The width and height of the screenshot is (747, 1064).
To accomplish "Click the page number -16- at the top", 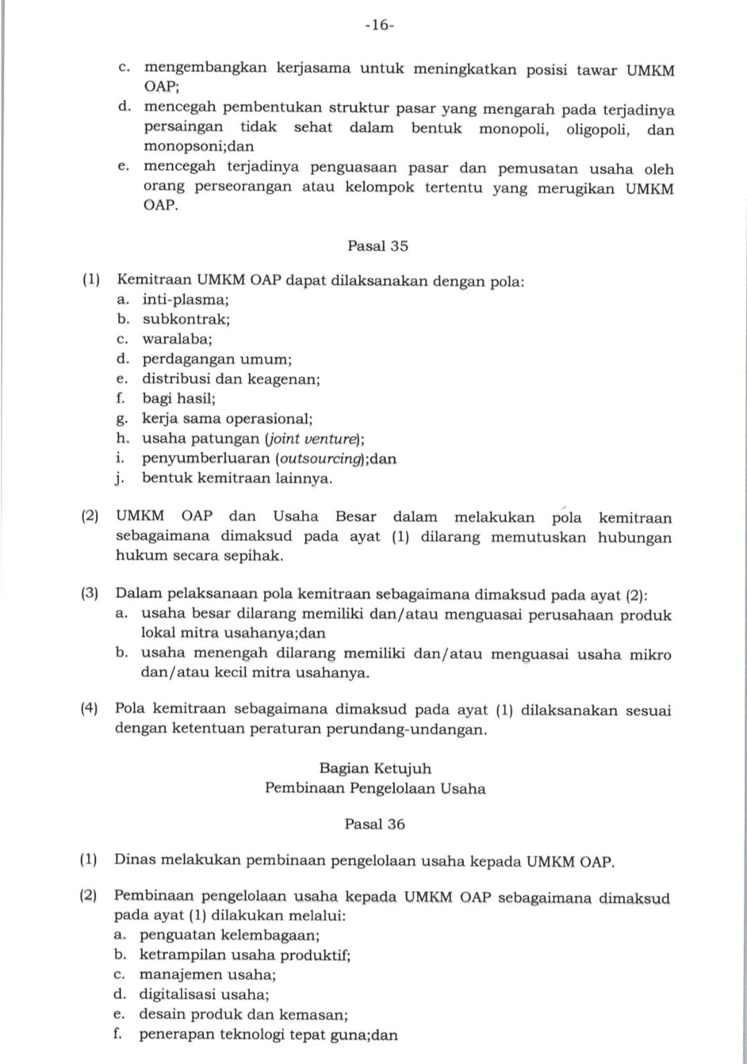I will click(x=379, y=26).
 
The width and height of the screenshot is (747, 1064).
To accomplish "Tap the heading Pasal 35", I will click(x=378, y=245).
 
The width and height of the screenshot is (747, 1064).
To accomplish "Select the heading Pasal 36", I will click(x=374, y=824).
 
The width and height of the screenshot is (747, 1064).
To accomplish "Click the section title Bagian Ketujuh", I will click(x=375, y=768).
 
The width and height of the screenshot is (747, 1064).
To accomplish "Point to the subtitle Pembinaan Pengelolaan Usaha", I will click(x=375, y=788).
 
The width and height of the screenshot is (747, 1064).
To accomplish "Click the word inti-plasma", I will click(x=185, y=299).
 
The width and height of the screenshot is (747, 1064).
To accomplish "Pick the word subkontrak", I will click(x=185, y=319).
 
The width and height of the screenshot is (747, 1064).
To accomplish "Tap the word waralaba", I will click(x=176, y=339).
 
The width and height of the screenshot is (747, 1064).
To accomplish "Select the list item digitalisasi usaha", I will click(x=204, y=995).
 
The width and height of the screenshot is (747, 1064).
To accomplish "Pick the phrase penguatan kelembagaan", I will click(x=229, y=935).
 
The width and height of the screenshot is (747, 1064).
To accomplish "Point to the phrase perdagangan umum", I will click(x=216, y=360).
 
